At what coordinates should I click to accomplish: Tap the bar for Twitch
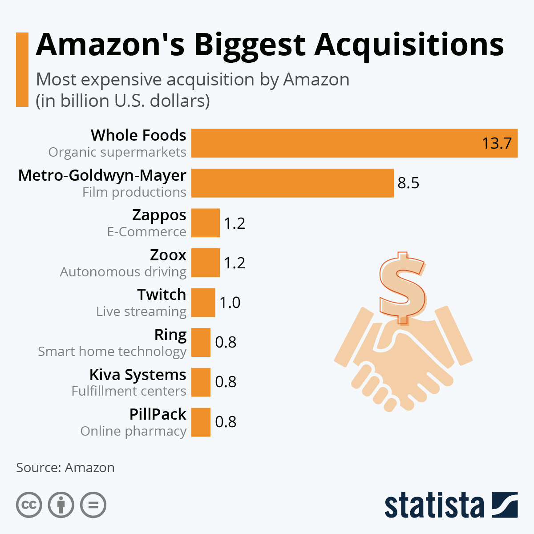[203, 303]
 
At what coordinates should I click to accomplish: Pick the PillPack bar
[201, 422]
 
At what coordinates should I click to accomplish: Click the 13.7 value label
[497, 143]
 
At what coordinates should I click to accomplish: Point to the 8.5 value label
[409, 183]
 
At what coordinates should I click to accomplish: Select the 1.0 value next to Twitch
[230, 303]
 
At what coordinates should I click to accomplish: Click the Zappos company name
[159, 215]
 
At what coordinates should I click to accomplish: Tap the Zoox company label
[168, 255]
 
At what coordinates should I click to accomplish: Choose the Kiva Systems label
[138, 375]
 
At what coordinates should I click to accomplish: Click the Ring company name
[170, 335]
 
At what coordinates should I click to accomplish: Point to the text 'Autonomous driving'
[123, 272]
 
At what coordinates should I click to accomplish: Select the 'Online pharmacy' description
[133, 431]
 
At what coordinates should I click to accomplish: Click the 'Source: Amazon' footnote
[65, 468]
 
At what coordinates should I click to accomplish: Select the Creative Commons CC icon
[29, 505]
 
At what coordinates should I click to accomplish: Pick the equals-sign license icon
[93, 505]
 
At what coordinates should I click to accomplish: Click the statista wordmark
[434, 505]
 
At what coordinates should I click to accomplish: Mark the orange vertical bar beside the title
[22, 69]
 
